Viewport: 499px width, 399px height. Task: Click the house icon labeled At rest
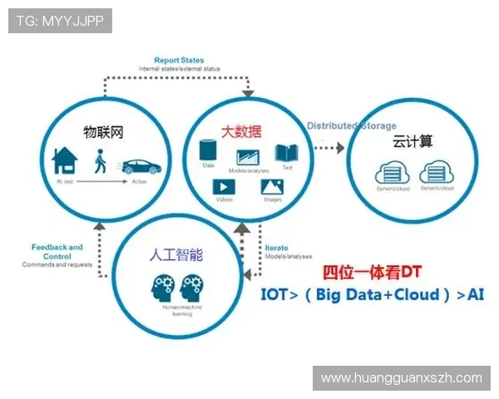(x=65, y=159)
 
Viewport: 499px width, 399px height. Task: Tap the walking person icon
(x=99, y=160)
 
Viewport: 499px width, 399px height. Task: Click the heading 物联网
(x=104, y=131)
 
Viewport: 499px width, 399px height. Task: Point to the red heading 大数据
(x=241, y=131)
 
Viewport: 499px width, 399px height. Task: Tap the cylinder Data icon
(x=209, y=152)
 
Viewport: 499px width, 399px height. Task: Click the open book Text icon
(x=287, y=153)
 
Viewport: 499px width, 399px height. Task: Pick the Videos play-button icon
(x=224, y=187)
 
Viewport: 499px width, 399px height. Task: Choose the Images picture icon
(x=272, y=187)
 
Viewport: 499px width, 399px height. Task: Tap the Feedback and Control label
(x=57, y=251)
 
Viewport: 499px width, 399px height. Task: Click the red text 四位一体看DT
(x=373, y=273)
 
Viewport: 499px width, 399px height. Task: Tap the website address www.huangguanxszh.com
(x=401, y=378)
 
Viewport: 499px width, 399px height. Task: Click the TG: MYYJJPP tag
(x=60, y=21)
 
